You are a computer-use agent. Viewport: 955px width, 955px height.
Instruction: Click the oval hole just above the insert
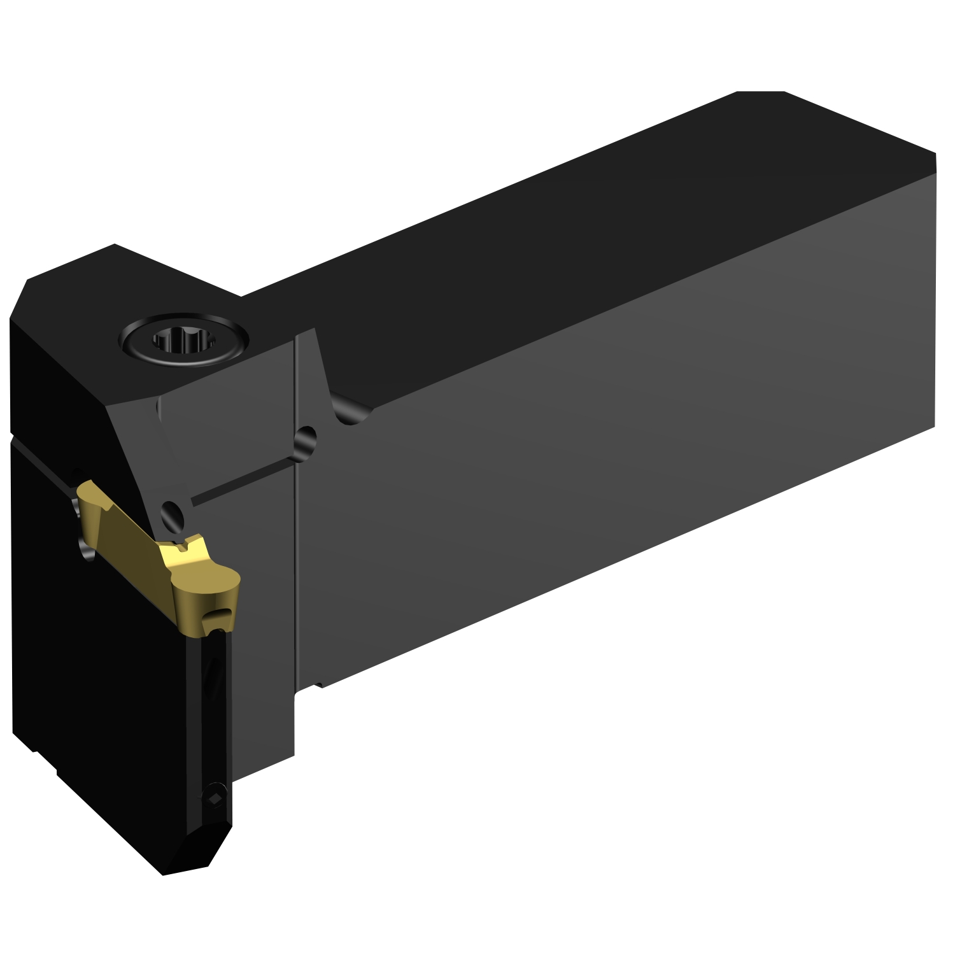tap(171, 513)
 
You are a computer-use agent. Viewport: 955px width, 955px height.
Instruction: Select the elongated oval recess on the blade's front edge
tap(213, 675)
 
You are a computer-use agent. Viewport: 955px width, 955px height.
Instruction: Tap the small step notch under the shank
tap(318, 686)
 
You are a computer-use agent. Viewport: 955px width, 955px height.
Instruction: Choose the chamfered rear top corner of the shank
tap(761, 92)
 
